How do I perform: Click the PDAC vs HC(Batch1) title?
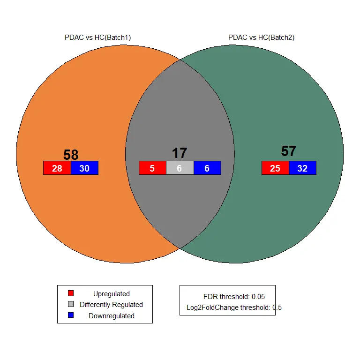(x=97, y=37)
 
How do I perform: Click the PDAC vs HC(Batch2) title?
(x=261, y=37)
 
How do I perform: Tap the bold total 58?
(x=71, y=155)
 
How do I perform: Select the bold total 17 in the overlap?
(x=180, y=153)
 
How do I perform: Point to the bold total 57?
(x=289, y=151)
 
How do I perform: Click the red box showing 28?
(x=57, y=168)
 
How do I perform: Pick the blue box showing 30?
(x=84, y=168)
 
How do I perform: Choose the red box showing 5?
(x=152, y=168)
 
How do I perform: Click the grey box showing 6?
(x=180, y=168)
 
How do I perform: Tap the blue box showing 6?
(x=207, y=168)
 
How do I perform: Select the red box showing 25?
(x=275, y=168)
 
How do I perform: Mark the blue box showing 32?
(x=302, y=168)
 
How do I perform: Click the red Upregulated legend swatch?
(x=71, y=293)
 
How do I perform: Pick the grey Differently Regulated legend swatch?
(x=71, y=304)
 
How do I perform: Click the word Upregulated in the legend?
(x=112, y=294)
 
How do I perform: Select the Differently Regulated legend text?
(x=112, y=305)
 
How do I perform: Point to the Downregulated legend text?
(x=112, y=316)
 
